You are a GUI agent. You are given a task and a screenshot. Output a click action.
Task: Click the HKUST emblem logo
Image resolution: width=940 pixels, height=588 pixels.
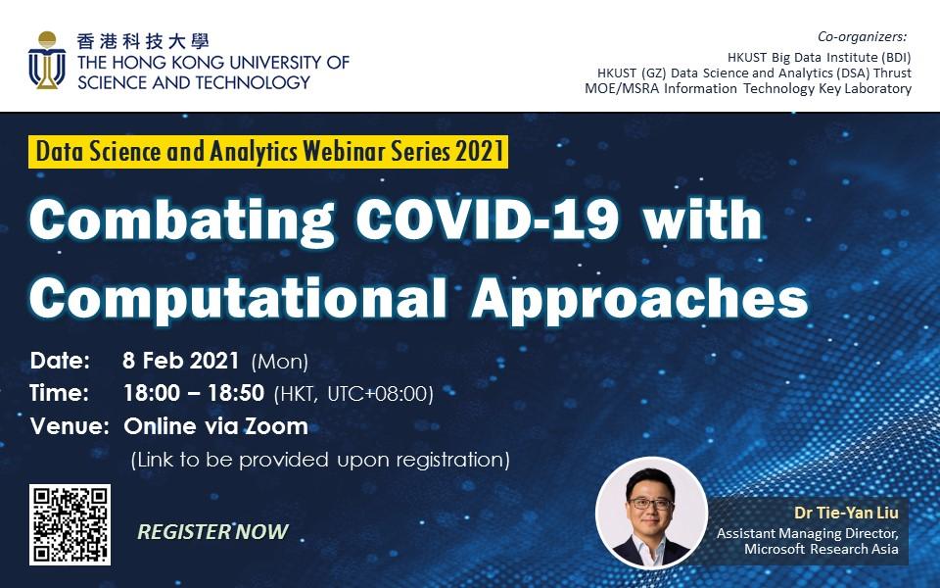pyautogui.click(x=47, y=60)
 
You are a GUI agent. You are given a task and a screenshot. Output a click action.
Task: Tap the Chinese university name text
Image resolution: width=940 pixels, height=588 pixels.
pyautogui.click(x=143, y=41)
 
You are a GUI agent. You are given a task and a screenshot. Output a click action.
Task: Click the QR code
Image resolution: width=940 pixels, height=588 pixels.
pyautogui.click(x=70, y=524)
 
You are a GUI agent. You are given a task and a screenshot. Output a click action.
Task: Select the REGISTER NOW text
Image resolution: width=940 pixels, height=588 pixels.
pyautogui.click(x=212, y=531)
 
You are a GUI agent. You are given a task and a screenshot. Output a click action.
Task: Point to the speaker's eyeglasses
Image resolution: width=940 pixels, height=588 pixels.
pyautogui.click(x=650, y=504)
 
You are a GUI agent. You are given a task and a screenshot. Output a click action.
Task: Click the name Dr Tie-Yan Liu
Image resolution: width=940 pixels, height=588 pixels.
pyautogui.click(x=846, y=513)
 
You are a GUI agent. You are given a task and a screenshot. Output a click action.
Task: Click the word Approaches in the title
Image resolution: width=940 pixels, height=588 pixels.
pyautogui.click(x=639, y=299)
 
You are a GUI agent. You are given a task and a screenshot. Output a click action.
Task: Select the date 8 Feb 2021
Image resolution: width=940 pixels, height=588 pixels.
pyautogui.click(x=180, y=360)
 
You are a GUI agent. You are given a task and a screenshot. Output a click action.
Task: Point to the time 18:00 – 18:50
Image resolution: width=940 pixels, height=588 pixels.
pyautogui.click(x=194, y=393)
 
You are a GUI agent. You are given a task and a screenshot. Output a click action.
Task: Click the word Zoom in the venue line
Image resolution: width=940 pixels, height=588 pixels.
pyautogui.click(x=276, y=426)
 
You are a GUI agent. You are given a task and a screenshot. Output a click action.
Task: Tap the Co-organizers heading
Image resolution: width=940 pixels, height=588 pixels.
pyautogui.click(x=862, y=36)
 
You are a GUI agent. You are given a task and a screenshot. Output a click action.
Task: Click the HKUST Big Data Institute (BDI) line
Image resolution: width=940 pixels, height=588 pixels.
pyautogui.click(x=819, y=58)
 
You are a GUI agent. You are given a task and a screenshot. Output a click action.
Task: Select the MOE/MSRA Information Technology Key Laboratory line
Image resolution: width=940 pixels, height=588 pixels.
pyautogui.click(x=748, y=89)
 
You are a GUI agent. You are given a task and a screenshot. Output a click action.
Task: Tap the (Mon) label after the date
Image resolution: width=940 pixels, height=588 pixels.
pyautogui.click(x=280, y=362)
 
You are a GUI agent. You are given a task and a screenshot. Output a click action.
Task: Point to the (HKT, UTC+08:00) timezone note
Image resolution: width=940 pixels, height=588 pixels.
pyautogui.click(x=353, y=394)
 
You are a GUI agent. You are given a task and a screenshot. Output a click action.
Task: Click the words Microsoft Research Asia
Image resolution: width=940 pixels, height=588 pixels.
pyautogui.click(x=822, y=549)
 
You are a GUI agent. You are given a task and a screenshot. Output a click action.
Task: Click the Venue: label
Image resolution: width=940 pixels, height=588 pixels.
pyautogui.click(x=70, y=426)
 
